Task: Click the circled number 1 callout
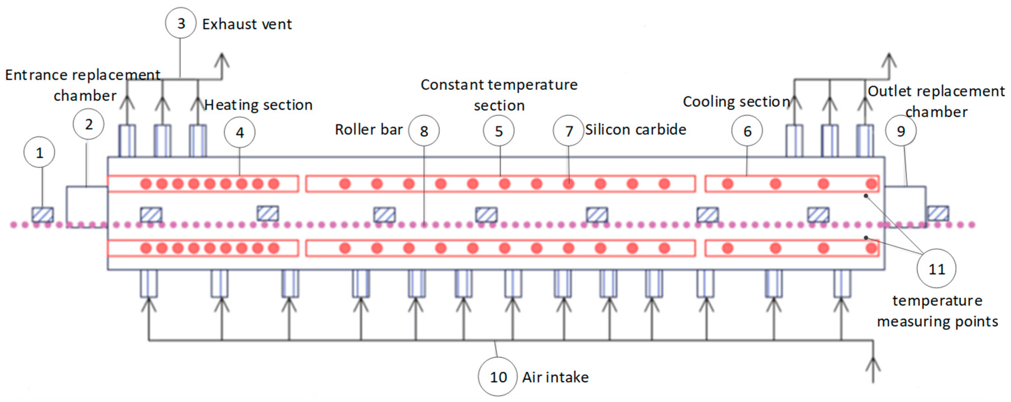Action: point(39,152)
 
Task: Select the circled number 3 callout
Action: point(181,23)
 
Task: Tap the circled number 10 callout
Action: point(498,377)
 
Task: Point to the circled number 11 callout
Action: point(937,269)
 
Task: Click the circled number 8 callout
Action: point(424,131)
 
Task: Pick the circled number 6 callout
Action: point(747,131)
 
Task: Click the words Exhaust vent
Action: point(247,24)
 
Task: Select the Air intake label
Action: point(555,377)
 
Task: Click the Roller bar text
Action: point(369,129)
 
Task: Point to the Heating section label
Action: point(258,105)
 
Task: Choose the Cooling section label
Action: point(736,102)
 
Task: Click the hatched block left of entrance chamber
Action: point(42,214)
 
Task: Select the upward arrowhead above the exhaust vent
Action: point(222,61)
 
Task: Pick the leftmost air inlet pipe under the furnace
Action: point(149,283)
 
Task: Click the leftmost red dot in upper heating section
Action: point(146,184)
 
